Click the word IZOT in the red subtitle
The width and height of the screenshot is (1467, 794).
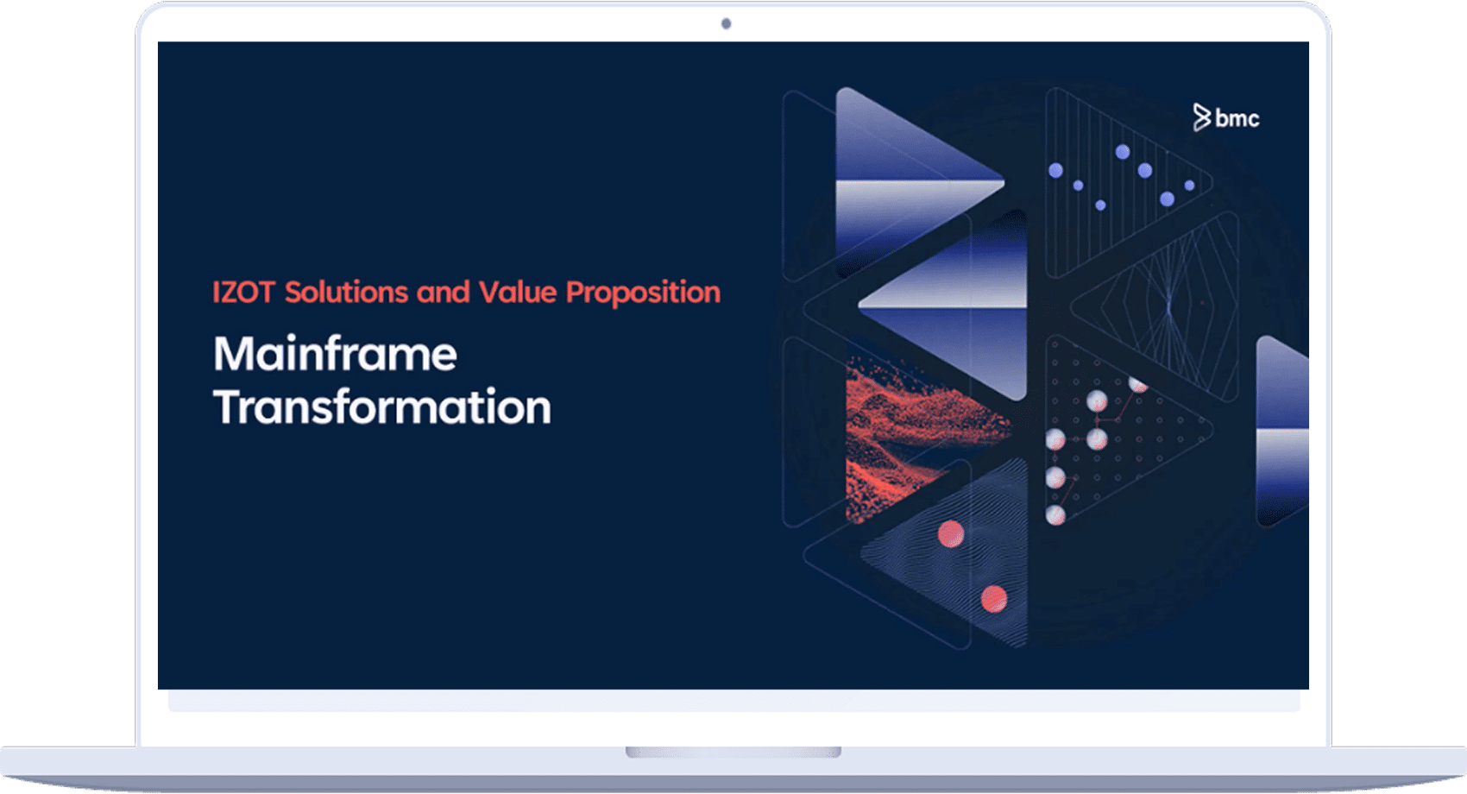click(242, 293)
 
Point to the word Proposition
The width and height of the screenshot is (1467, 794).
click(643, 293)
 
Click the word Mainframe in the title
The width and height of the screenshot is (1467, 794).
click(335, 355)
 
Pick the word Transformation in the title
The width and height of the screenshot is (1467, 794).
click(381, 407)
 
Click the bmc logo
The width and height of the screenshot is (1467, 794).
click(1225, 117)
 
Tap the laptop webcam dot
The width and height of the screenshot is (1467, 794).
click(726, 23)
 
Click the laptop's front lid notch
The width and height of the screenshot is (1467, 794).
click(733, 753)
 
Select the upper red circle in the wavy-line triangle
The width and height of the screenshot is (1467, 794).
click(950, 534)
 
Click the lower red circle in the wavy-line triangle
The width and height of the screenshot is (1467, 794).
click(993, 598)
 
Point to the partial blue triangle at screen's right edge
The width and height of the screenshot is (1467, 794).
click(1283, 432)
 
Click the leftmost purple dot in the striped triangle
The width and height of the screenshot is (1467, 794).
click(1055, 171)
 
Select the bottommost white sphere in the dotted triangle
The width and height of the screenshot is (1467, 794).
click(1055, 516)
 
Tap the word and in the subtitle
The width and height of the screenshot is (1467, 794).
click(443, 293)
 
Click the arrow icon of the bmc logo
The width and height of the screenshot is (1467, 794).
click(1201, 117)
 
